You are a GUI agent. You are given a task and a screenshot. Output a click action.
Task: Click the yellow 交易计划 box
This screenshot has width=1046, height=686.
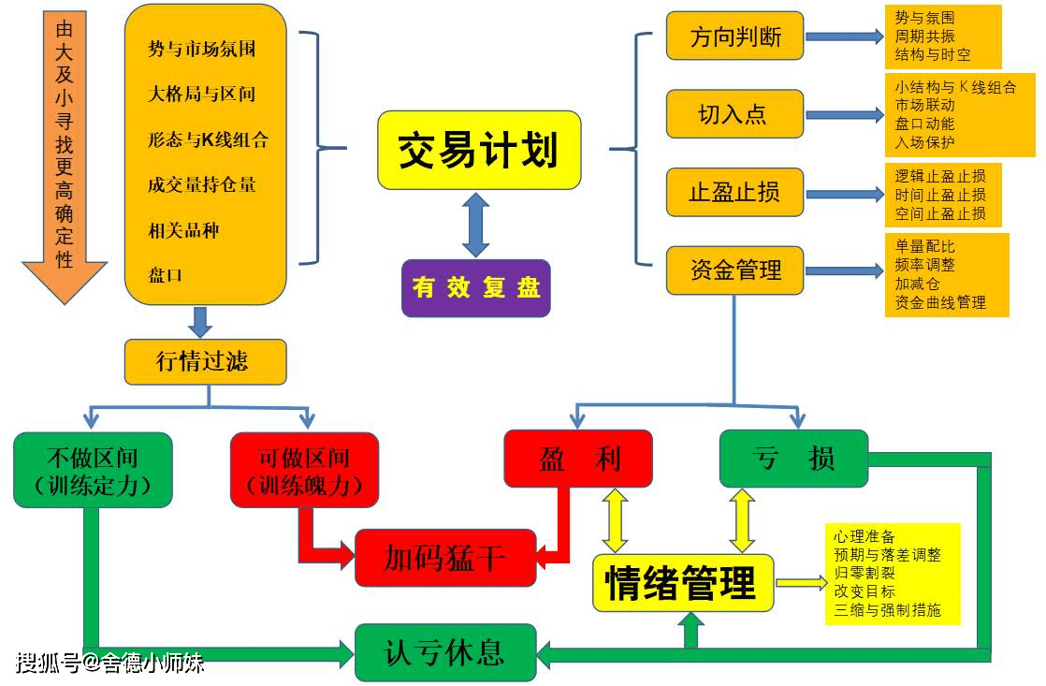479,150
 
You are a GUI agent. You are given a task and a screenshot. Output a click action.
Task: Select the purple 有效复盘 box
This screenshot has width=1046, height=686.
476,287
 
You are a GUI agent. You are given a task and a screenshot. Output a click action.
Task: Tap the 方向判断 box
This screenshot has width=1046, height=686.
734,36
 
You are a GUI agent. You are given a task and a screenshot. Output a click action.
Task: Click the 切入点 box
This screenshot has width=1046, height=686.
734,114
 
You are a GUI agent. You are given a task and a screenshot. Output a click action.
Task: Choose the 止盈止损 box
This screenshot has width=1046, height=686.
734,192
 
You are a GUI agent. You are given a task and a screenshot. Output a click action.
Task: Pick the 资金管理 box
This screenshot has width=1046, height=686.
734,270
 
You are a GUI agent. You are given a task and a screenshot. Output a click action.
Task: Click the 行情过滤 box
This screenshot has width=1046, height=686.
205,361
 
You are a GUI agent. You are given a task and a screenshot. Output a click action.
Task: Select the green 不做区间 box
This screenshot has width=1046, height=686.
93,470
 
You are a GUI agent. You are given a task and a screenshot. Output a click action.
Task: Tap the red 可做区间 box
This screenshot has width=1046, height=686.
304,470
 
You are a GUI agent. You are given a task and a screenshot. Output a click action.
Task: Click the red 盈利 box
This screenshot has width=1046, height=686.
578,459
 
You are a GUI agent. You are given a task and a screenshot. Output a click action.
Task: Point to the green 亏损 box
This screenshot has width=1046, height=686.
793,459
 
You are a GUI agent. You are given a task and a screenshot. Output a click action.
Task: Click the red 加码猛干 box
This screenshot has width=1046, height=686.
445,558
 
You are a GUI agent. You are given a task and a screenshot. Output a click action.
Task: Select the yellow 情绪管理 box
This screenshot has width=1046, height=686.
683,583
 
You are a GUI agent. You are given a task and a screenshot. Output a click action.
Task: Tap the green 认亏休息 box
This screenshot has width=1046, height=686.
445,652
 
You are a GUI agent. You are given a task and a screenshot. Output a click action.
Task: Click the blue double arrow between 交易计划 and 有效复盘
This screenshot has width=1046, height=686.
476,225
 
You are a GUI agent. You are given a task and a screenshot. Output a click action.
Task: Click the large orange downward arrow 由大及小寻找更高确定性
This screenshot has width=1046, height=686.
65,154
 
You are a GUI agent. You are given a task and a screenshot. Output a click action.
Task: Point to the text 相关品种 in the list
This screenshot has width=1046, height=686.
183,230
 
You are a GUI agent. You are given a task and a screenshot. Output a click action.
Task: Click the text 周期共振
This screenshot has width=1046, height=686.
924,36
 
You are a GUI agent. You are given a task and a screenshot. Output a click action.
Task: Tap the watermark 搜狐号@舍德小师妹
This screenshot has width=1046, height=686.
109,664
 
